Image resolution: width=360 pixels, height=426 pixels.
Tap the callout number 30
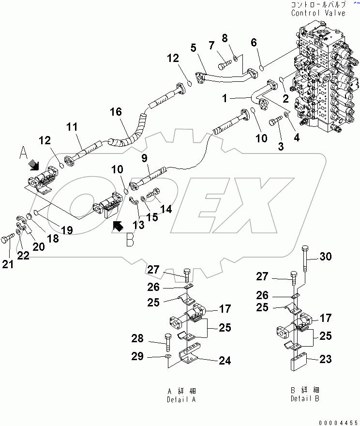click(x=326, y=257)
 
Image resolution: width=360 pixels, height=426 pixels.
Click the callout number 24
click(x=224, y=361)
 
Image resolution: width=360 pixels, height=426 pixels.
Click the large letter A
click(x=23, y=155)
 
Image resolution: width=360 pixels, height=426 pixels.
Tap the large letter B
click(x=130, y=240)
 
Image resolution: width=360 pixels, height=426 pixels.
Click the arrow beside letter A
click(x=34, y=166)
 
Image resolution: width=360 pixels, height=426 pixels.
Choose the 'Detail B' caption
click(x=305, y=399)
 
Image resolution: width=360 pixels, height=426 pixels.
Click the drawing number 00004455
click(x=338, y=422)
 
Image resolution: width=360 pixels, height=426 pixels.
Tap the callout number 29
click(x=138, y=357)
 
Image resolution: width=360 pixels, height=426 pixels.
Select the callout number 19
click(x=67, y=230)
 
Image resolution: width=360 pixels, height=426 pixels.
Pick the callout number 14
click(x=166, y=209)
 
